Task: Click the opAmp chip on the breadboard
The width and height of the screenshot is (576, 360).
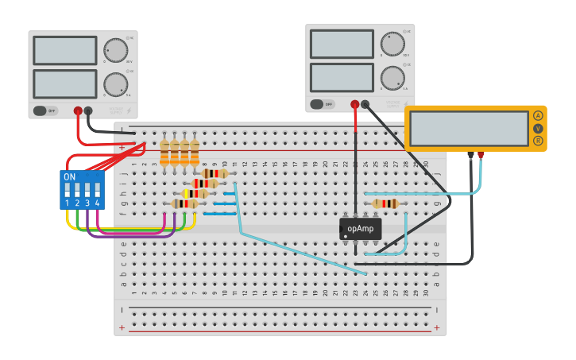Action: coord(360,229)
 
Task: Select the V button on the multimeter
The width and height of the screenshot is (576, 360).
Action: coord(538,128)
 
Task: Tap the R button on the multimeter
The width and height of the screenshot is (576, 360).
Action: coord(538,141)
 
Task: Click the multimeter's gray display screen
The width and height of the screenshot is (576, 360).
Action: coord(468,128)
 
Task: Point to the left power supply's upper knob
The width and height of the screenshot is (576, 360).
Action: coord(115,51)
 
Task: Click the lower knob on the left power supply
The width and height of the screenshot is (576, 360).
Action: coord(115,83)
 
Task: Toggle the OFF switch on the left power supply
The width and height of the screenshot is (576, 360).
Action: coord(46,110)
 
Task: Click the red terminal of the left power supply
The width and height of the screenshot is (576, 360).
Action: coord(78,111)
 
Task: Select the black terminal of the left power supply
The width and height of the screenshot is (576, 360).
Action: coord(88,111)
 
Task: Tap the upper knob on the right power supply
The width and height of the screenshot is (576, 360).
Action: coord(392,44)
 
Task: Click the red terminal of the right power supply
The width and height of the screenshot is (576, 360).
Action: coord(355,104)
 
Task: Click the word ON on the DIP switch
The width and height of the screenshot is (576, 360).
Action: coord(70,176)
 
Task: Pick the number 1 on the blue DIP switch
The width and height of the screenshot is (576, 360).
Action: coord(68,203)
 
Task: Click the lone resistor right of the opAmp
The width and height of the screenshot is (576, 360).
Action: coord(385,203)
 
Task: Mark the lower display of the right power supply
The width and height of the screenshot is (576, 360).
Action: coord(342,77)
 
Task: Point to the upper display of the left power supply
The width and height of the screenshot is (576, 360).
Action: coord(65,51)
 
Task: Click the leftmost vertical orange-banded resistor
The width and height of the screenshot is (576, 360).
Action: coord(164,153)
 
